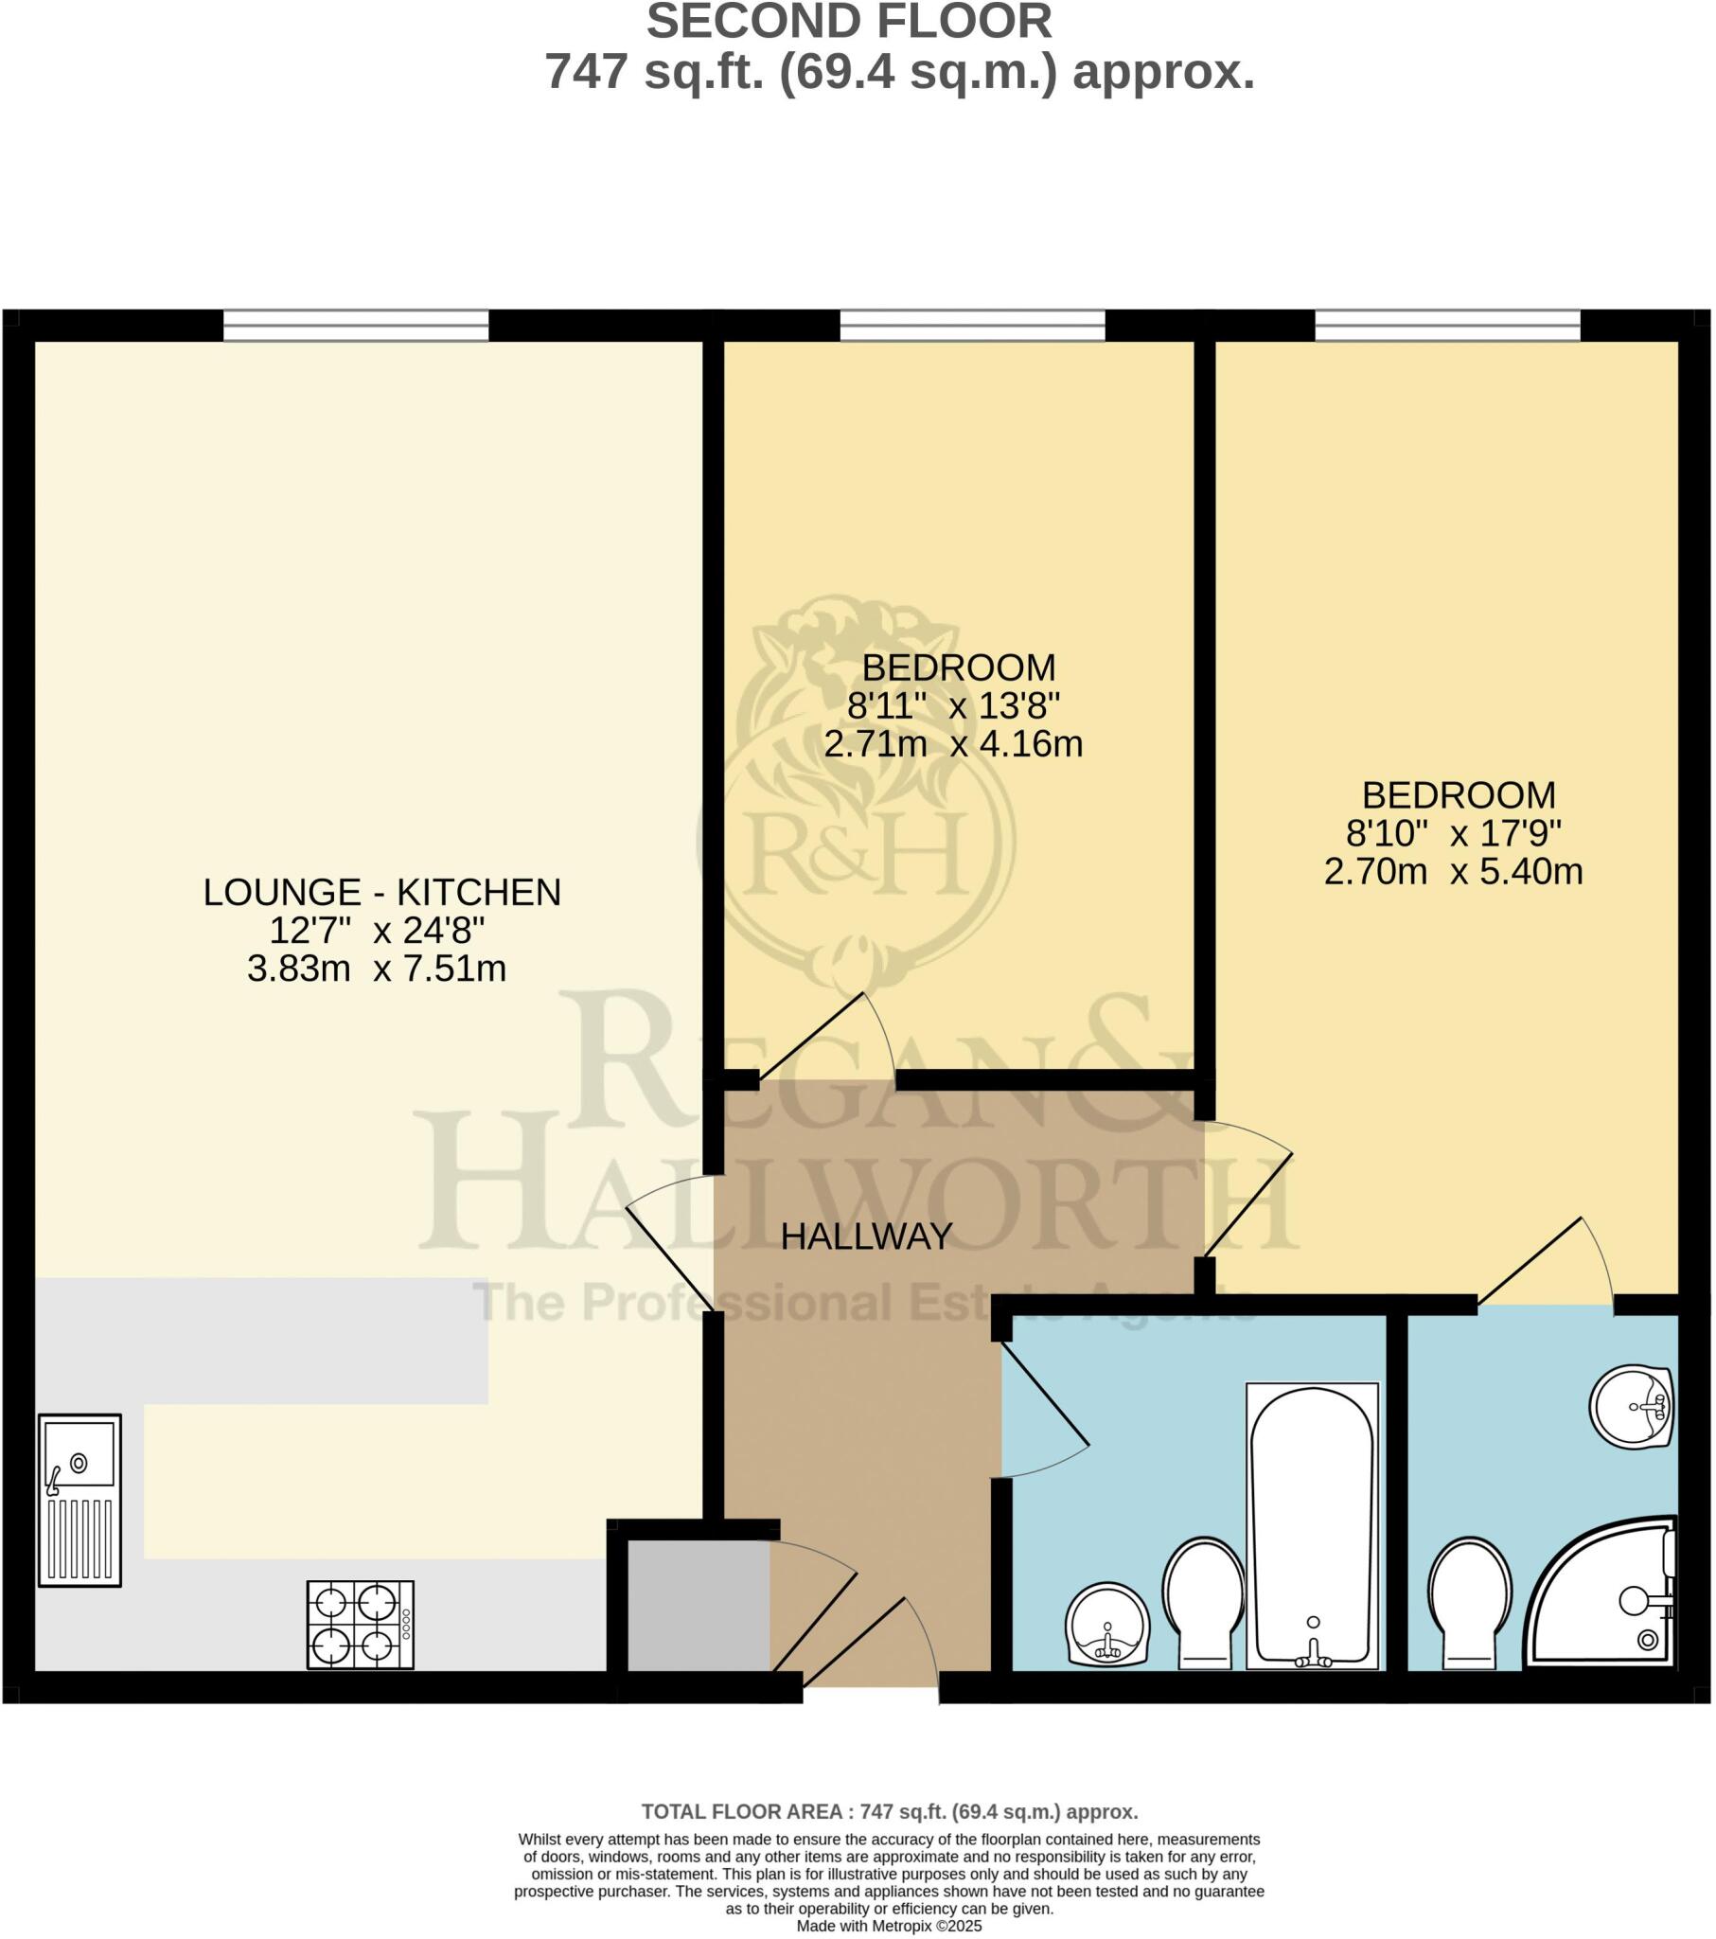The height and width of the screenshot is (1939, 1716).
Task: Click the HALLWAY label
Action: pos(866,1236)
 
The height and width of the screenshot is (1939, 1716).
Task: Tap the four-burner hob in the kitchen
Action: pos(360,1624)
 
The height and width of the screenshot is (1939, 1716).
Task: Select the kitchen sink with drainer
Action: pos(80,1499)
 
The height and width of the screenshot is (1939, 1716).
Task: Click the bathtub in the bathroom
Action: pos(1312,1526)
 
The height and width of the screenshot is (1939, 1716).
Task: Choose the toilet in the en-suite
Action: pos(1469,1603)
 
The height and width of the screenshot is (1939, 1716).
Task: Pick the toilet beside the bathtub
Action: pos(1204,1603)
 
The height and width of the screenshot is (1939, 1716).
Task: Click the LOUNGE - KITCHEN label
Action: pos(382,892)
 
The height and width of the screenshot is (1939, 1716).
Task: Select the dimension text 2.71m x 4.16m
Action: pos(952,744)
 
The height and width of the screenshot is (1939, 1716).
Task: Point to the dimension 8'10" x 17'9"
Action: pos(1453,833)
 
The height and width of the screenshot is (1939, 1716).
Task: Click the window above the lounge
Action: pos(356,326)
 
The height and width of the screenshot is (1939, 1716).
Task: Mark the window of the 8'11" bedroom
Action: pos(972,326)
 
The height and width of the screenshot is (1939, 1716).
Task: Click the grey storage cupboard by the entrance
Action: pos(699,1605)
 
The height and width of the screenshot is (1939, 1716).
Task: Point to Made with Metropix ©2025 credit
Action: pos(889,1927)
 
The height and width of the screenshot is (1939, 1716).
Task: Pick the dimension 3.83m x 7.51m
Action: pos(377,969)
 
